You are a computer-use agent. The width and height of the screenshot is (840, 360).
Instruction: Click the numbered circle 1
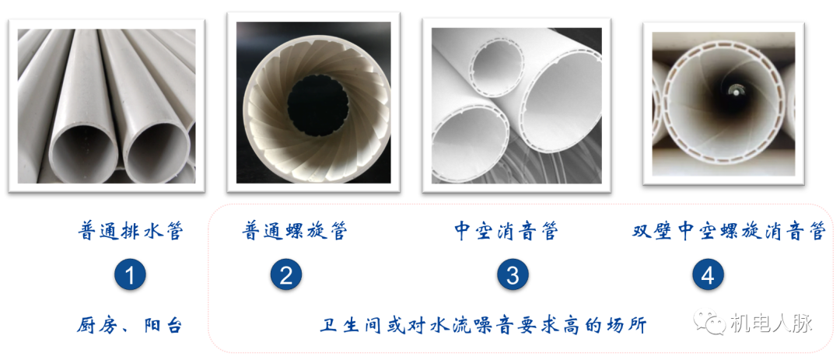pyautogui.click(x=130, y=274)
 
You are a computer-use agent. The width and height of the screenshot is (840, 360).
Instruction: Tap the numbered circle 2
pyautogui.click(x=285, y=274)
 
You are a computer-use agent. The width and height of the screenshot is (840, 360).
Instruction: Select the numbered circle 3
pyautogui.click(x=513, y=274)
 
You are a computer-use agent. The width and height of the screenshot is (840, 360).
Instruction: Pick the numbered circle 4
pyautogui.click(x=707, y=274)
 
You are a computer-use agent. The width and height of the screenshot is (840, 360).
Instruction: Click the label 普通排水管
pyautogui.click(x=131, y=232)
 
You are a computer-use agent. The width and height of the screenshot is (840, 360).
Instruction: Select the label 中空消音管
pyautogui.click(x=506, y=232)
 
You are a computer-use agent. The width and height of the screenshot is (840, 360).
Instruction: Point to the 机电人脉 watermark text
pyautogui.click(x=770, y=322)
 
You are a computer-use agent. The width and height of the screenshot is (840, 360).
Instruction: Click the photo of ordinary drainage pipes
pyautogui.click(x=107, y=105)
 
